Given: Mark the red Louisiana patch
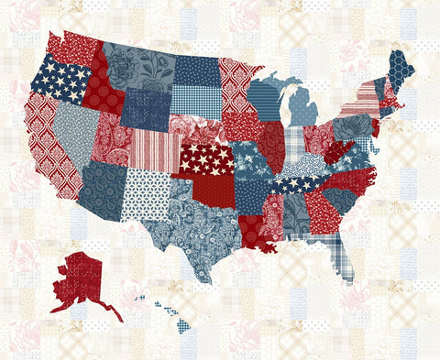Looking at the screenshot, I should pyautogui.click(x=258, y=233).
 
